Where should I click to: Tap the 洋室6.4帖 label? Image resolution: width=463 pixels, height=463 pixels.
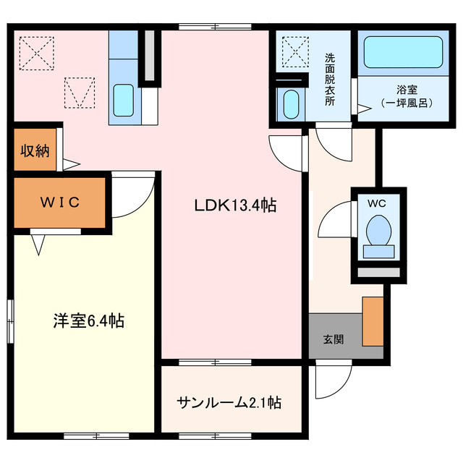tap(88, 320)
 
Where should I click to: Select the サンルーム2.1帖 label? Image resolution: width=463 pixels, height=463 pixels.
tap(229, 402)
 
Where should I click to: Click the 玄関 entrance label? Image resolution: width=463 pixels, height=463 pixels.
tap(333, 339)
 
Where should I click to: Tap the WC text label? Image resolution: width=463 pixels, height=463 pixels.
tap(377, 203)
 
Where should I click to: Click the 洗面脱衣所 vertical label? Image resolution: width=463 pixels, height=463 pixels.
tap(330, 80)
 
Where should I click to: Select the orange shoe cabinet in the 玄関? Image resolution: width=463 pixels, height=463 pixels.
tap(373, 321)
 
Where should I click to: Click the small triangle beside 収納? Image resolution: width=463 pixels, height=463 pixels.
tap(70, 163)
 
